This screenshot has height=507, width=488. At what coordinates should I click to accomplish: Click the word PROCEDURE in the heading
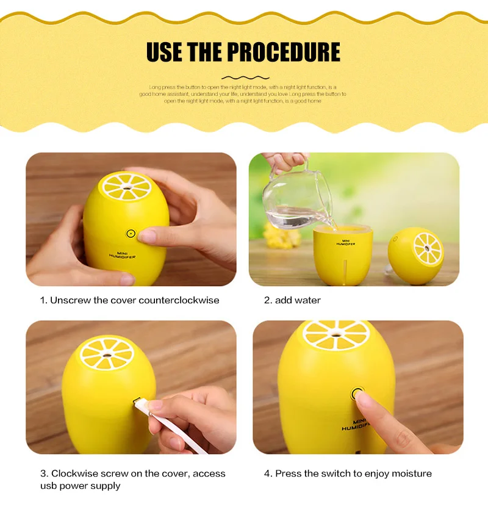click(284, 52)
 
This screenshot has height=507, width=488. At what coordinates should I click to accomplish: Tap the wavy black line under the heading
click(244, 77)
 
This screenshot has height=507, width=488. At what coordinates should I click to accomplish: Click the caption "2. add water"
click(292, 300)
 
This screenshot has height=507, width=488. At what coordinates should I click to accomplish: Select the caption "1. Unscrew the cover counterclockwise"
click(129, 300)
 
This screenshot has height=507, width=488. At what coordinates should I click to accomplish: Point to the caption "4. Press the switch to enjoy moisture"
click(348, 473)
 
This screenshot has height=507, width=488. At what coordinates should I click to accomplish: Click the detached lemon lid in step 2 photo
click(416, 255)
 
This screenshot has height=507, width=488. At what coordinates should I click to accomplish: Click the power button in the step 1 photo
click(130, 233)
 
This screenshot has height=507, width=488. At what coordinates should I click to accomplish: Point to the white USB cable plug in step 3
click(140, 403)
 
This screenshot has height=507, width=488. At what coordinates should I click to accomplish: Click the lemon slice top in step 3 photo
click(107, 354)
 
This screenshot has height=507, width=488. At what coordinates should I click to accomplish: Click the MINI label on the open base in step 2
click(346, 242)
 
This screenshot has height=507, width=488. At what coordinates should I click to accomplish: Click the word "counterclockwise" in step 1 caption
click(179, 300)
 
